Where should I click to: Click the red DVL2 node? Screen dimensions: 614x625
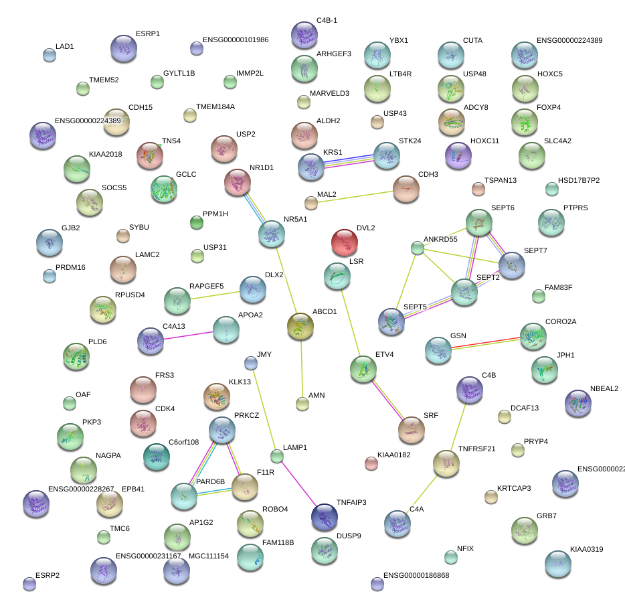click(344, 242)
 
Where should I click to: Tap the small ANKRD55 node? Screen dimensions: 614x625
click(418, 248)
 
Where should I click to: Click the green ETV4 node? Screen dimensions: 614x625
click(363, 368)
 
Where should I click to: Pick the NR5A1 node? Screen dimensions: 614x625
click(272, 234)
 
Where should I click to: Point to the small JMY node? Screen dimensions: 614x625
click(251, 363)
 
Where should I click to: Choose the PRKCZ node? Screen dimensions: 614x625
click(222, 431)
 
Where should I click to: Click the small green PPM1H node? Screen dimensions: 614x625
click(196, 222)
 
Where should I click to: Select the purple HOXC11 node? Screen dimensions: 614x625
click(458, 156)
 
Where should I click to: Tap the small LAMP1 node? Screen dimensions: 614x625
click(277, 457)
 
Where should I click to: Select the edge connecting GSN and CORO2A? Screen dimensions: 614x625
click(486, 341)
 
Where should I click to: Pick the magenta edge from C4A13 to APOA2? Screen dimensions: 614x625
click(188, 335)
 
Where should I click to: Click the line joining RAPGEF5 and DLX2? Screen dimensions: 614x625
click(215, 295)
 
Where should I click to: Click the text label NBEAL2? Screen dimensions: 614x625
click(604, 388)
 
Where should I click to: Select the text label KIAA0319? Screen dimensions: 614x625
click(586, 550)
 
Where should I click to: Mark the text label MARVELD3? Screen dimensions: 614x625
click(329, 93)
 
